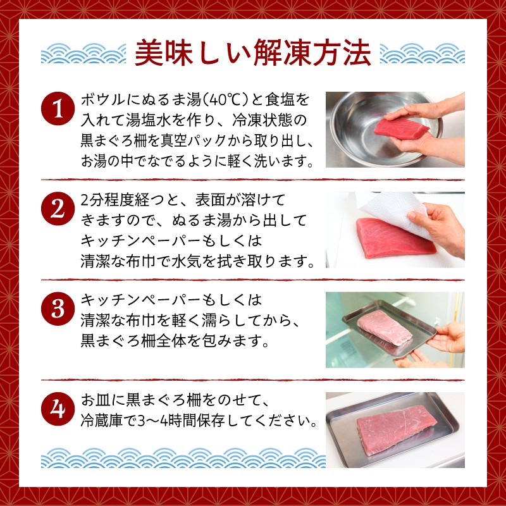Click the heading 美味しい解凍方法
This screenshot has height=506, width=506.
(252, 53)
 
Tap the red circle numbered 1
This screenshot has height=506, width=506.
(58, 109)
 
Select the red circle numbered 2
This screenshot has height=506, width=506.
(58, 209)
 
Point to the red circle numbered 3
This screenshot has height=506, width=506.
(58, 309)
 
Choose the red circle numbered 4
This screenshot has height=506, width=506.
(58, 409)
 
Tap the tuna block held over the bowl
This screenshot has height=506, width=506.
(402, 128)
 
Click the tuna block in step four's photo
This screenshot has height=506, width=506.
(397, 429)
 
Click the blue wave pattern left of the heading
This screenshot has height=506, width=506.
(83, 53)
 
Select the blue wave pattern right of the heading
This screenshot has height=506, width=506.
(423, 53)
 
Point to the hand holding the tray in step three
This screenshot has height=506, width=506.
(447, 337)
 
